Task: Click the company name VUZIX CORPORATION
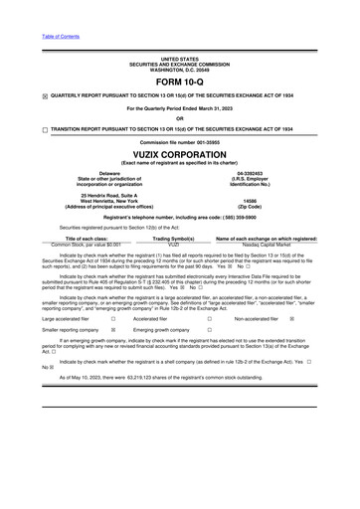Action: coord(179,154)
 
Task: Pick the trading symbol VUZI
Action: coord(179,244)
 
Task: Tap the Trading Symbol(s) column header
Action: coord(179,239)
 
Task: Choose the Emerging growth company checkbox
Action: coord(209,330)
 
